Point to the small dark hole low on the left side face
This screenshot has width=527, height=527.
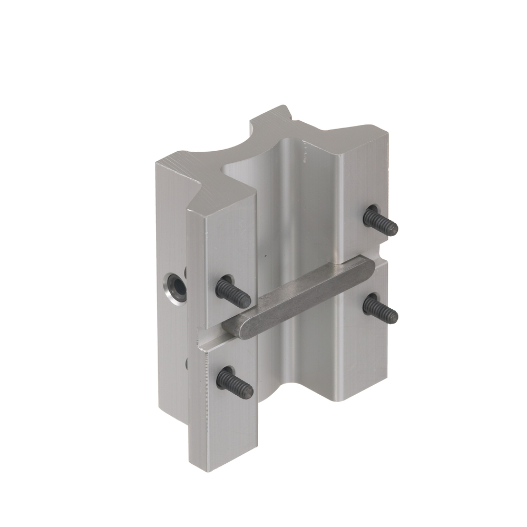pos(186,363)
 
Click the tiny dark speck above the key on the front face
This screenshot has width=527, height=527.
pos(267,257)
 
